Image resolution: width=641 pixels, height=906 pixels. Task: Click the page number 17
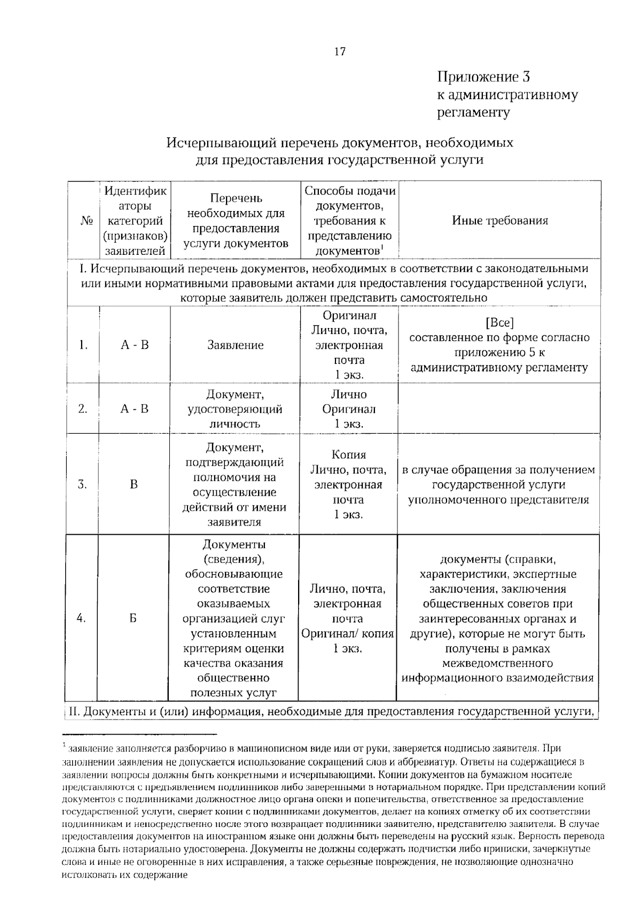pyautogui.click(x=340, y=52)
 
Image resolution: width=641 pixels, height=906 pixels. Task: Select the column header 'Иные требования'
pyautogui.click(x=499, y=221)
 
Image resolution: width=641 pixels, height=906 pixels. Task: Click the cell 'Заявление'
pyautogui.click(x=235, y=345)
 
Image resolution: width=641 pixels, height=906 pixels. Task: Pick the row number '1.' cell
pyautogui.click(x=83, y=345)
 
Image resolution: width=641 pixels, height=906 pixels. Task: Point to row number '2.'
pyautogui.click(x=83, y=409)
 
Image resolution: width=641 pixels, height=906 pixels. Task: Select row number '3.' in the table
pyautogui.click(x=83, y=485)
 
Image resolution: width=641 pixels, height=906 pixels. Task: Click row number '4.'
pyautogui.click(x=82, y=618)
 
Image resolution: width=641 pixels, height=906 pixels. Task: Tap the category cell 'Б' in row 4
pyautogui.click(x=133, y=618)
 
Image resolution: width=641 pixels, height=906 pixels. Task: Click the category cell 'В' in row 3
pyautogui.click(x=134, y=485)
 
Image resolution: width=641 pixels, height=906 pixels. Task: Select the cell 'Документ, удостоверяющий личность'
pyautogui.click(x=235, y=409)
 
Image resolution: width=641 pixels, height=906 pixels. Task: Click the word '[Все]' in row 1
pyautogui.click(x=499, y=323)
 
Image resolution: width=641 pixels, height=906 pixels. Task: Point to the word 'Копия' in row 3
pyautogui.click(x=349, y=455)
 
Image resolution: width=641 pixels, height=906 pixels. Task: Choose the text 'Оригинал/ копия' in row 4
pyautogui.click(x=348, y=634)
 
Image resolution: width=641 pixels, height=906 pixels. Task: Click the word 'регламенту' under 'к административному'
pyautogui.click(x=474, y=113)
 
